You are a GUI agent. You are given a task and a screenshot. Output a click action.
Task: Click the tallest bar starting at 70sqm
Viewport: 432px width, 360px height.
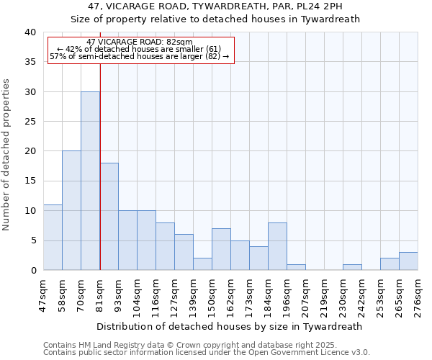[x=90, y=181]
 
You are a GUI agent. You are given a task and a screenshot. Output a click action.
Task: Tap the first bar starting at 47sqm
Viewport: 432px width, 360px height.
[x=53, y=237]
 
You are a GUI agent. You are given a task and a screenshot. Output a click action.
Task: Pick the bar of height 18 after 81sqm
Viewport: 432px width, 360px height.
[x=109, y=216]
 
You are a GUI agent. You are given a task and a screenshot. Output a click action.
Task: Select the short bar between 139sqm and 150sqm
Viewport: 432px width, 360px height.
[x=202, y=264]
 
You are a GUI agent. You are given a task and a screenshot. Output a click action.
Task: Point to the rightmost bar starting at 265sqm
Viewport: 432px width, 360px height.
[x=408, y=261]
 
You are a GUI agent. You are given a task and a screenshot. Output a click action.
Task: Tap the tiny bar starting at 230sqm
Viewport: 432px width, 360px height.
[x=352, y=267]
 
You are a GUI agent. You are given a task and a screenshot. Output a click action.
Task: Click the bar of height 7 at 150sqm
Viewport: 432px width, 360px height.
[x=221, y=249]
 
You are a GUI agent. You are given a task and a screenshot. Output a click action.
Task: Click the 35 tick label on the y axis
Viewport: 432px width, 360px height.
[x=30, y=62]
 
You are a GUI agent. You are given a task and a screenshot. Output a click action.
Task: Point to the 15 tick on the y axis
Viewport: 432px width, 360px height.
[x=30, y=181]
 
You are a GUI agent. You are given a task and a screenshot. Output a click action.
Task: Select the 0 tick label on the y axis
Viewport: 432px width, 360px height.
[x=32, y=270]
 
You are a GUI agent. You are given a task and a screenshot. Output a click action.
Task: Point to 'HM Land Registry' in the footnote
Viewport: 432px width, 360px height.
[x=107, y=345]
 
